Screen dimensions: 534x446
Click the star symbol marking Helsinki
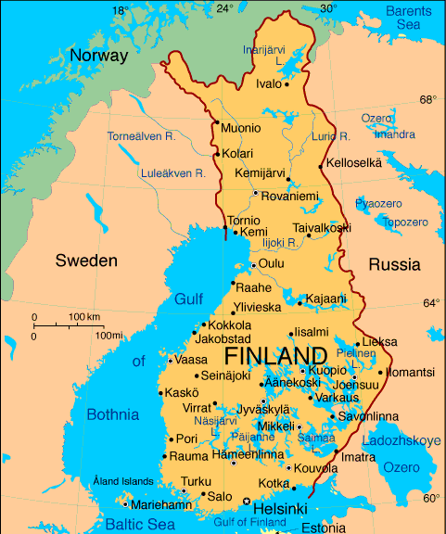(247, 502)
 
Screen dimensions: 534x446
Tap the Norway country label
(98, 56)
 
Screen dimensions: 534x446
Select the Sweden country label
(86, 261)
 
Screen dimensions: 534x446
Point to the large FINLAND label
(275, 357)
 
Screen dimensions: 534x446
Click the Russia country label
(394, 264)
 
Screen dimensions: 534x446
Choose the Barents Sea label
(409, 18)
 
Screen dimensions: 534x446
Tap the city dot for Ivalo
(287, 84)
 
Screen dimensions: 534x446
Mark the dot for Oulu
(253, 265)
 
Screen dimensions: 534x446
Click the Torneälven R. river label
(141, 136)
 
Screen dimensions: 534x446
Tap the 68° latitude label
(427, 99)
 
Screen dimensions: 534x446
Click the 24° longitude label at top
(224, 8)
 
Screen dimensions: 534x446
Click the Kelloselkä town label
(354, 162)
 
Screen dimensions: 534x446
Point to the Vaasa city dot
(170, 360)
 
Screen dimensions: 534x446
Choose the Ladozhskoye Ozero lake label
(401, 453)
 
